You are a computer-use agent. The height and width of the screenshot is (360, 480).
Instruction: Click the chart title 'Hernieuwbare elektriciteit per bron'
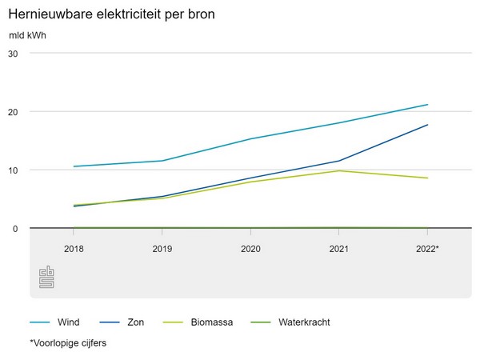tap(110, 15)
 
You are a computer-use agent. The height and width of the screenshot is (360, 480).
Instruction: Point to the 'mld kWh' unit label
tap(27, 36)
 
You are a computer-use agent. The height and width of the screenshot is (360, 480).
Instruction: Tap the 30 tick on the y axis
tap(13, 53)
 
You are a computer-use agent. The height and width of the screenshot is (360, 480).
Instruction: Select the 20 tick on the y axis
tap(13, 111)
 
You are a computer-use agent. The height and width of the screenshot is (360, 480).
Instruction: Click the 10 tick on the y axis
tap(13, 170)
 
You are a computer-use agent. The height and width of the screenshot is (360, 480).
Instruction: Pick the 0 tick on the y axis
tap(15, 229)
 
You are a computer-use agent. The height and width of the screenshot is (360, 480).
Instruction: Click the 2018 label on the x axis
tap(74, 250)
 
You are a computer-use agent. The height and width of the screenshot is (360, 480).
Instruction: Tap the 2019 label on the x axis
tap(162, 250)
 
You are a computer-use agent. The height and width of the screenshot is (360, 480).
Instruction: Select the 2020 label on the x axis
tap(250, 250)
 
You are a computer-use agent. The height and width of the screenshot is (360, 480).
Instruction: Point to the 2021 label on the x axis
tap(339, 250)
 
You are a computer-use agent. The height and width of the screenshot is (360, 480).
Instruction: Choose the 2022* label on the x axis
tap(428, 250)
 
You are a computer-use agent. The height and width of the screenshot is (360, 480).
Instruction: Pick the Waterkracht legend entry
tap(304, 322)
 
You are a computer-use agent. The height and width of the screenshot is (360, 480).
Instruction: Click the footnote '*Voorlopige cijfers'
tap(68, 343)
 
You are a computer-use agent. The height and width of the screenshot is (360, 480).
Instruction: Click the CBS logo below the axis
tap(46, 277)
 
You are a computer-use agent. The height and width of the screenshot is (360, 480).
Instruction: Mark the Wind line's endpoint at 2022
tap(428, 105)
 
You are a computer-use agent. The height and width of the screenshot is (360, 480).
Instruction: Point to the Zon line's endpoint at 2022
tap(428, 125)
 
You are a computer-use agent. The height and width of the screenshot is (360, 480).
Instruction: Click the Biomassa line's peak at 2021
tap(339, 170)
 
